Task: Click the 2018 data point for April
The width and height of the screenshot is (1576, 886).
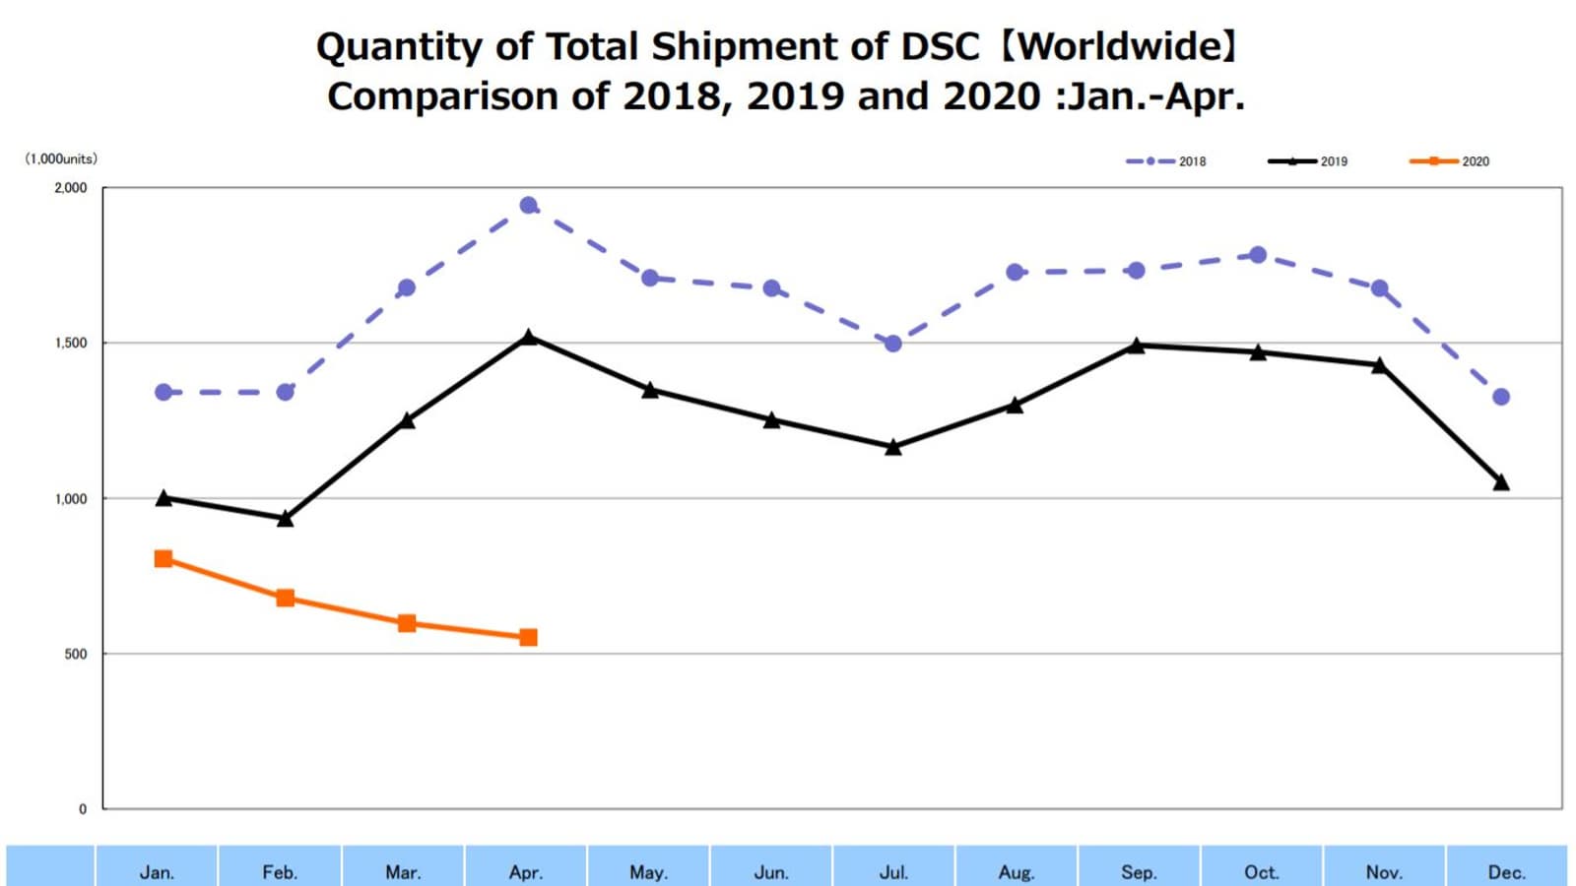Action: pyautogui.click(x=528, y=206)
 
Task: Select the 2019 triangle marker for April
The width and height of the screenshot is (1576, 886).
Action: pyautogui.click(x=528, y=338)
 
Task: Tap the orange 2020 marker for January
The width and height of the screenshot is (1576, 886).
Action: pyautogui.click(x=164, y=559)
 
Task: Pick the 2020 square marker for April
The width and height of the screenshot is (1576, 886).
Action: pyautogui.click(x=528, y=638)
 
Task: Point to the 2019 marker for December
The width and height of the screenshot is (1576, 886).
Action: pyautogui.click(x=1501, y=482)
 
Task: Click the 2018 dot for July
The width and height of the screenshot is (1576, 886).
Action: pyautogui.click(x=893, y=344)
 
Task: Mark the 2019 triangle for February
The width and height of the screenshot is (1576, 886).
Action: pyautogui.click(x=286, y=519)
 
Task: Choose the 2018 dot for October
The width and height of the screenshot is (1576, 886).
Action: pyautogui.click(x=1258, y=255)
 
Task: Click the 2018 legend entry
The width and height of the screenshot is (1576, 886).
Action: pyautogui.click(x=1166, y=161)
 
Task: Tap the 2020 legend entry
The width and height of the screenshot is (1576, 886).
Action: pyautogui.click(x=1450, y=161)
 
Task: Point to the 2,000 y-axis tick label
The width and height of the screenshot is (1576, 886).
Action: pyautogui.click(x=71, y=188)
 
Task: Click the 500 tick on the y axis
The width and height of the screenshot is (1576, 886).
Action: pyautogui.click(x=76, y=655)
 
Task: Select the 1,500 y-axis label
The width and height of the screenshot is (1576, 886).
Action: pyautogui.click(x=71, y=344)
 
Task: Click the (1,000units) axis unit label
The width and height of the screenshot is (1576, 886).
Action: pyautogui.click(x=61, y=158)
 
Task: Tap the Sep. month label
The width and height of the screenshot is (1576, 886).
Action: pyautogui.click(x=1139, y=872)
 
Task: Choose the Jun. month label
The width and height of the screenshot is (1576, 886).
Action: pyautogui.click(x=771, y=872)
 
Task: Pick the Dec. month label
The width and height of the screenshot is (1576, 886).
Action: pyautogui.click(x=1506, y=872)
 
